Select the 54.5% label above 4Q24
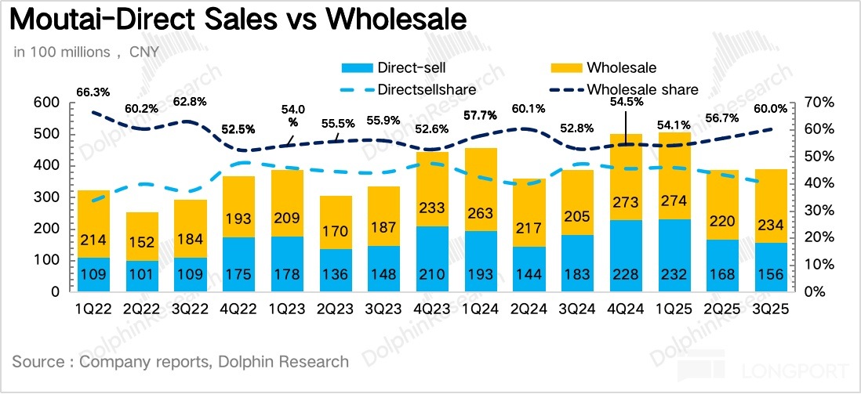[x=625, y=101]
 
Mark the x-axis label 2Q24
[x=528, y=309]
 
